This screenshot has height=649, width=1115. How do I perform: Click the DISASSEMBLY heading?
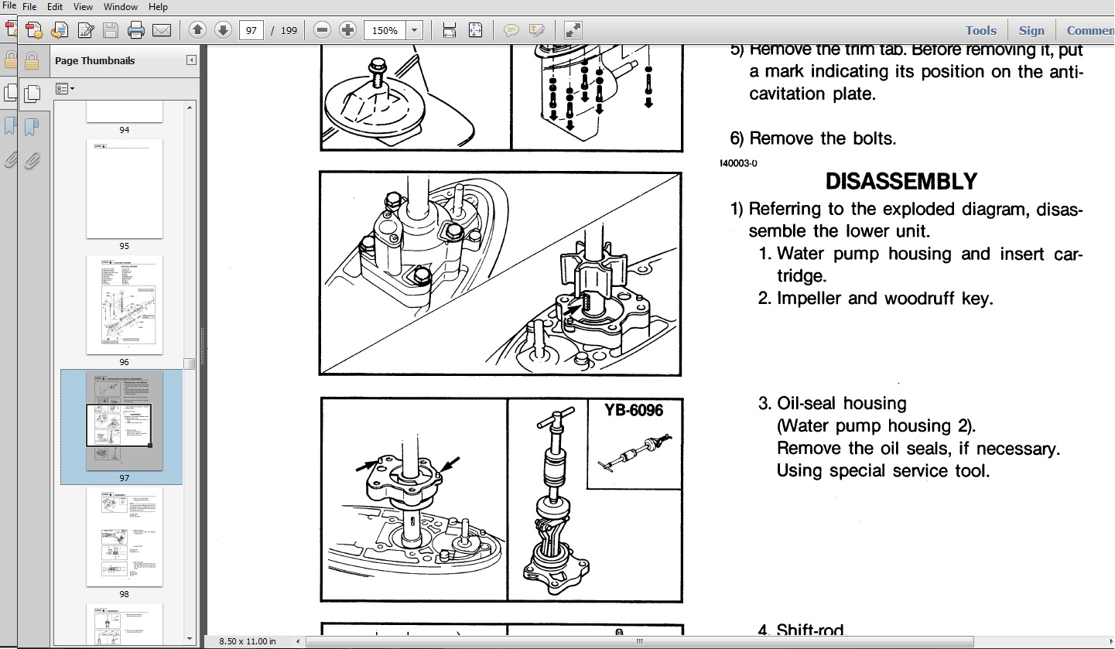coord(901,182)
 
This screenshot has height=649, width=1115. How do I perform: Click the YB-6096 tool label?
coord(634,410)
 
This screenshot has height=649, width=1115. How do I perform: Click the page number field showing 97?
coord(251,30)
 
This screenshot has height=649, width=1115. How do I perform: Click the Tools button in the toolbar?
coord(980,30)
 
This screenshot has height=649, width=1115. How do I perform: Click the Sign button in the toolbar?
coord(1031,30)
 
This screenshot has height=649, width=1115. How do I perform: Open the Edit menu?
coord(55,7)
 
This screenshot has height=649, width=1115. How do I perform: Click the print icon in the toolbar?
coord(136,30)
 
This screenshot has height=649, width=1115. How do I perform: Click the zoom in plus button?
coord(348,30)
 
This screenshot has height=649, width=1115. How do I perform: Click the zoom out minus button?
coord(323,30)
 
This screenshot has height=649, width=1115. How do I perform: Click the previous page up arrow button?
coord(197,30)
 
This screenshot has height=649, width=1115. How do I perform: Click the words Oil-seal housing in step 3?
coord(841,403)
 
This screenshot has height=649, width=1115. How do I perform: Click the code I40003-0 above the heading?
coord(738,163)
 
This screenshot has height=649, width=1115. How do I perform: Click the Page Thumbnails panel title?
coord(94,60)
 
